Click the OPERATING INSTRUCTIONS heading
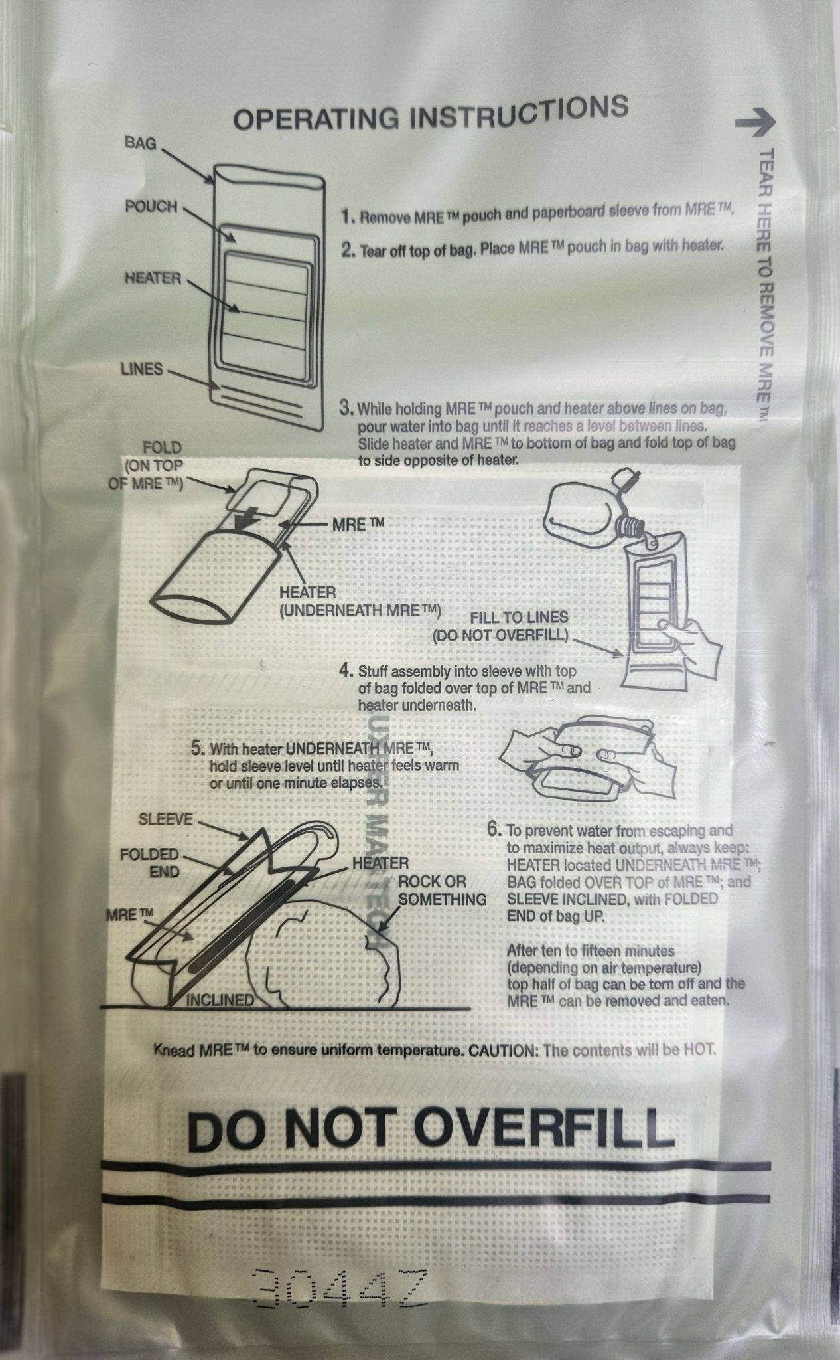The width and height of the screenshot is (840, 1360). [x=431, y=114]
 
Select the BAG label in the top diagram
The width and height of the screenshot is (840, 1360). [x=140, y=143]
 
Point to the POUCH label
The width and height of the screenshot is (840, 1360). [x=151, y=207]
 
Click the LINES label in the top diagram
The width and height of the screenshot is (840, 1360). [x=141, y=369]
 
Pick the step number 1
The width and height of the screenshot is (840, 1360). [x=346, y=216]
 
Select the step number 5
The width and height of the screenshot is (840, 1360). [x=197, y=749]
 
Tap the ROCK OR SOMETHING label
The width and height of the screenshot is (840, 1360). [x=442, y=891]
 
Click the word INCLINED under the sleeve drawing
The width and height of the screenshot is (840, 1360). [x=219, y=1000]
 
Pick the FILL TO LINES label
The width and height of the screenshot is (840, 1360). [x=520, y=618]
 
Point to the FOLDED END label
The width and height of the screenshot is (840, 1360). [x=149, y=863]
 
